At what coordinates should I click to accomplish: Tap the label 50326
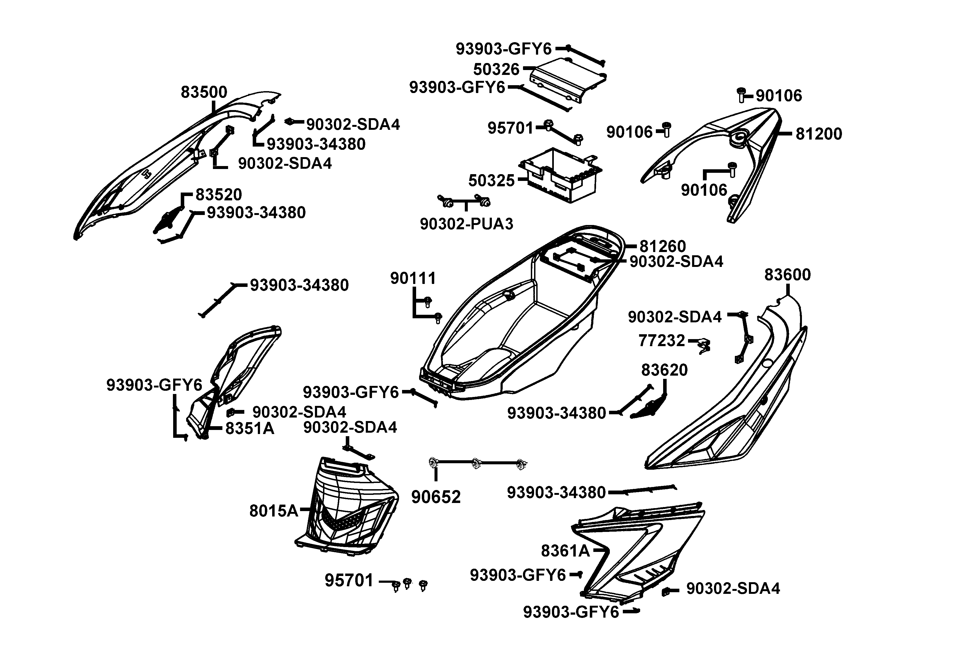tap(496, 69)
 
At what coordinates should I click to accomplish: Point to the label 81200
tap(819, 134)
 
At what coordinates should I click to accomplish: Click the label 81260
tap(663, 246)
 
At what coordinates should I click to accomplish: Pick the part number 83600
tap(787, 274)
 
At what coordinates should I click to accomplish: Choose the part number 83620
tap(664, 370)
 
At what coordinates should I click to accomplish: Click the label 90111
tap(413, 279)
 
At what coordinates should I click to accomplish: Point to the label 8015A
tap(274, 511)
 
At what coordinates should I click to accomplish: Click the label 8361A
tap(565, 551)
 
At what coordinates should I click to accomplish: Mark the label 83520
tap(218, 194)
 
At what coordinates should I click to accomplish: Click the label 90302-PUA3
tap(466, 224)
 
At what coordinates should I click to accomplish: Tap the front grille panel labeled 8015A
tap(348, 507)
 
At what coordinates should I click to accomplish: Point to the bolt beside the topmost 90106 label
tap(741, 95)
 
